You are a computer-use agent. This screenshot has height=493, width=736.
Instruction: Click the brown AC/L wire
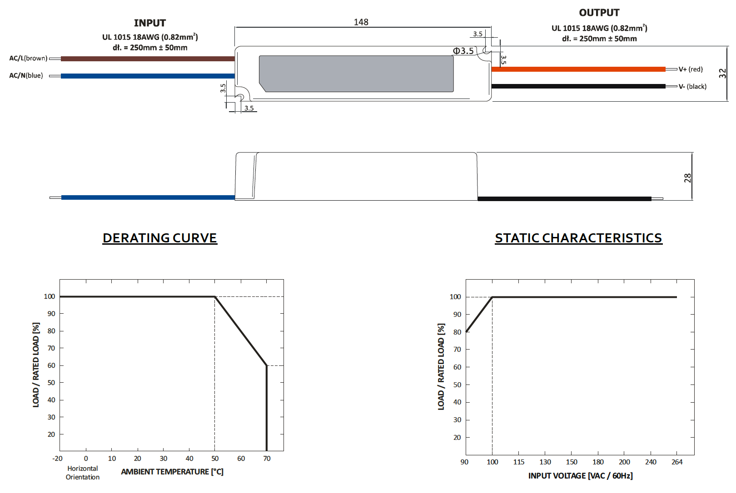pyautogui.click(x=148, y=59)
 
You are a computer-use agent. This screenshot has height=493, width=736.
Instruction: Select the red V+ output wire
pyautogui.click(x=578, y=69)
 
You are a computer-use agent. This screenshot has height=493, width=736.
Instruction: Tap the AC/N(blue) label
pyautogui.click(x=26, y=76)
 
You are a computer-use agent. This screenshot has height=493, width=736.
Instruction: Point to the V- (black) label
pyautogui.click(x=692, y=87)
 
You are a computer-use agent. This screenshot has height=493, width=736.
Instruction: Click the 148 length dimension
pyautogui.click(x=361, y=22)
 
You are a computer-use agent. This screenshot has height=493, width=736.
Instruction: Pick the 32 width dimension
pyautogui.click(x=722, y=73)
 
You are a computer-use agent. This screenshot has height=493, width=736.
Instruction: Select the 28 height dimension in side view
pyautogui.click(x=687, y=178)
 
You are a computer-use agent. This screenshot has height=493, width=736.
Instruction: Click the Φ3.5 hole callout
pyautogui.click(x=463, y=51)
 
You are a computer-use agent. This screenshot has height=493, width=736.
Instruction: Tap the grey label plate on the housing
pyautogui.click(x=356, y=74)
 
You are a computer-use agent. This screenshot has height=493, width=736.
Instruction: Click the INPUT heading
pyautogui.click(x=150, y=23)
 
